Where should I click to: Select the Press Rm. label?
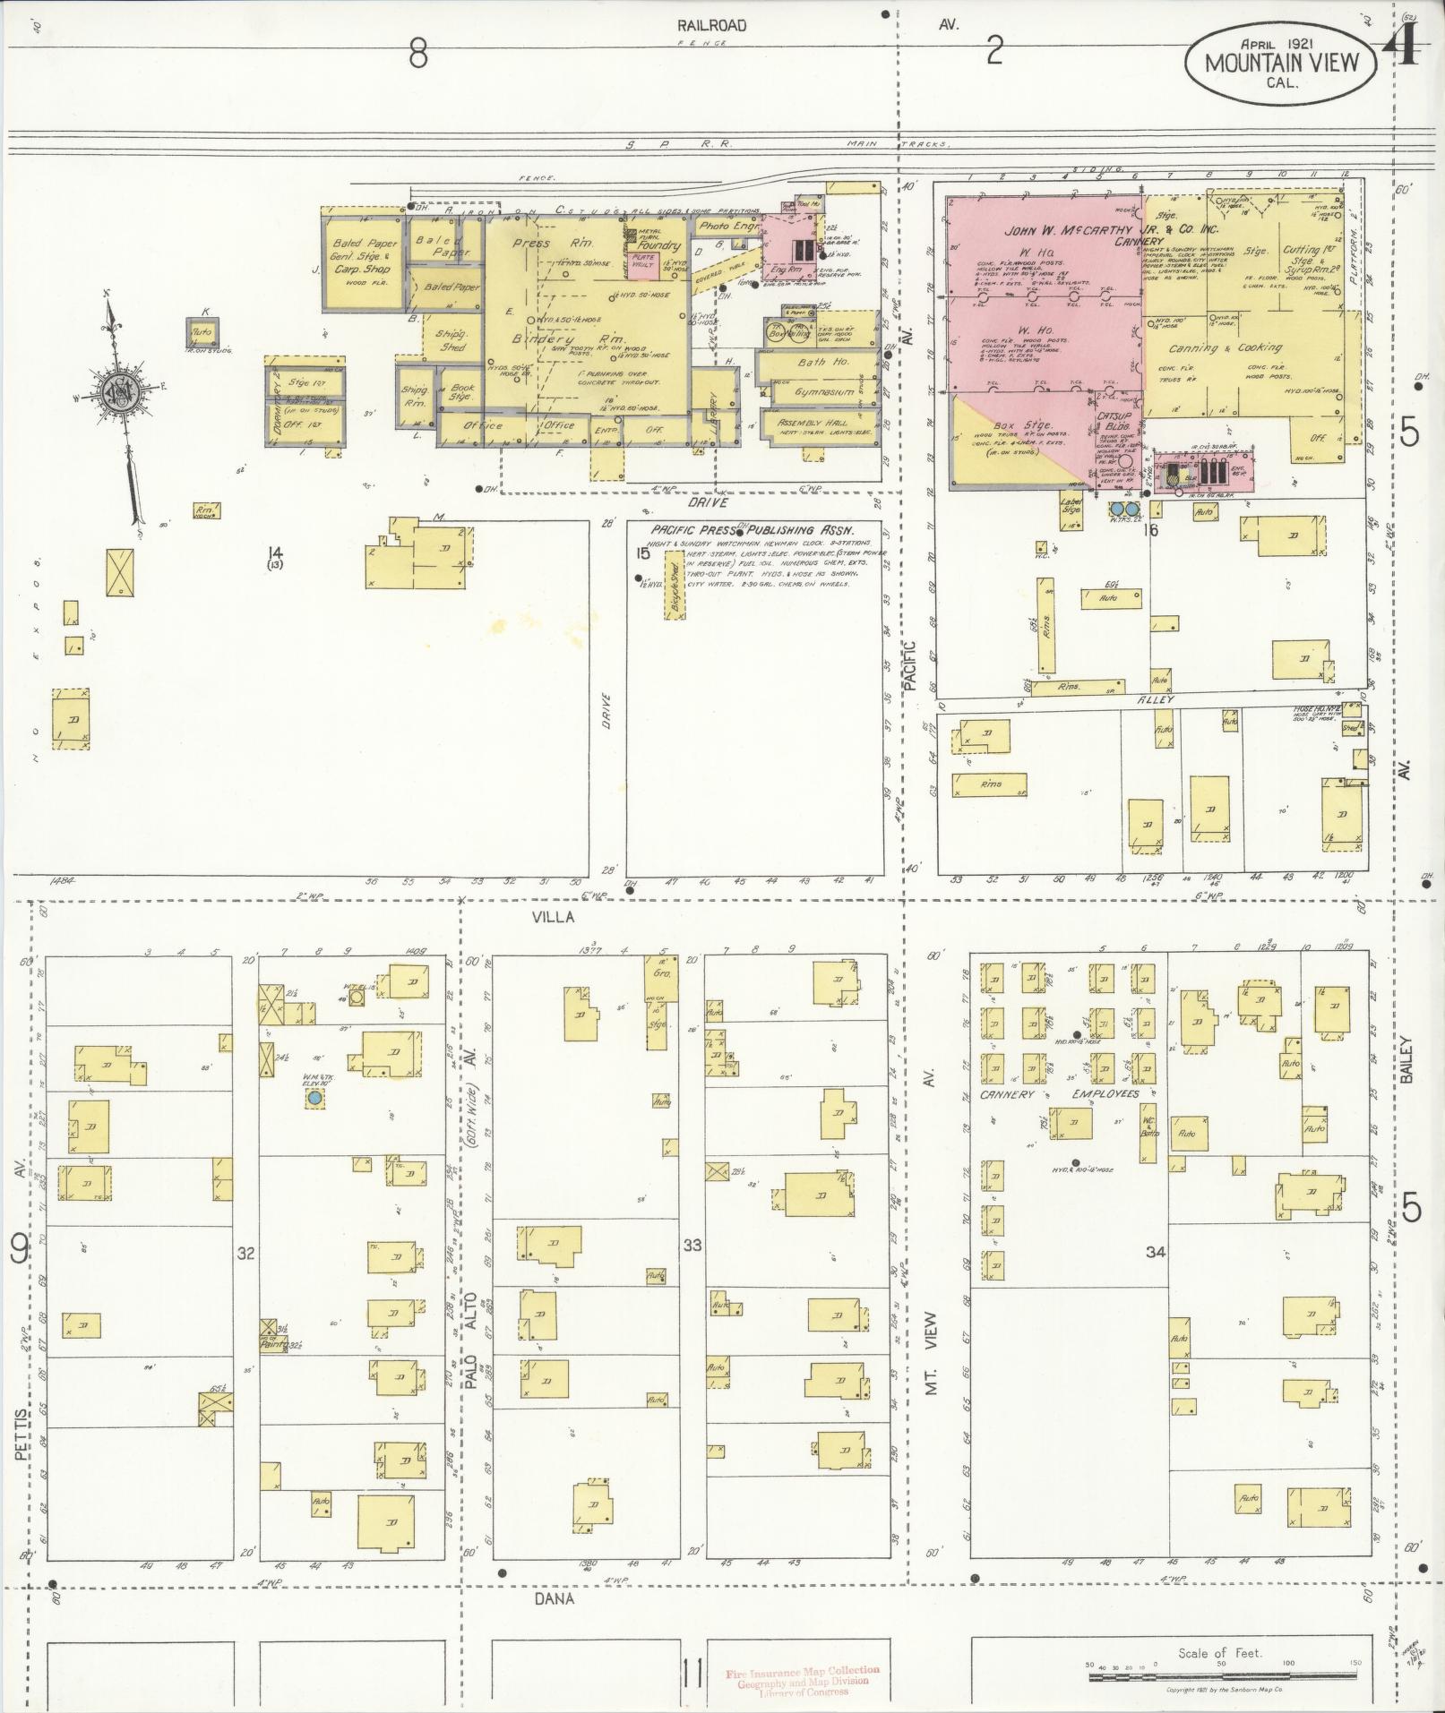click(x=547, y=244)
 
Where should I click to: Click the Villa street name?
click(x=552, y=916)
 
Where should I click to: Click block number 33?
click(x=692, y=1246)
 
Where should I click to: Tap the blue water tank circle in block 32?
click(x=314, y=1097)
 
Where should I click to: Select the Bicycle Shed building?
click(x=673, y=584)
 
